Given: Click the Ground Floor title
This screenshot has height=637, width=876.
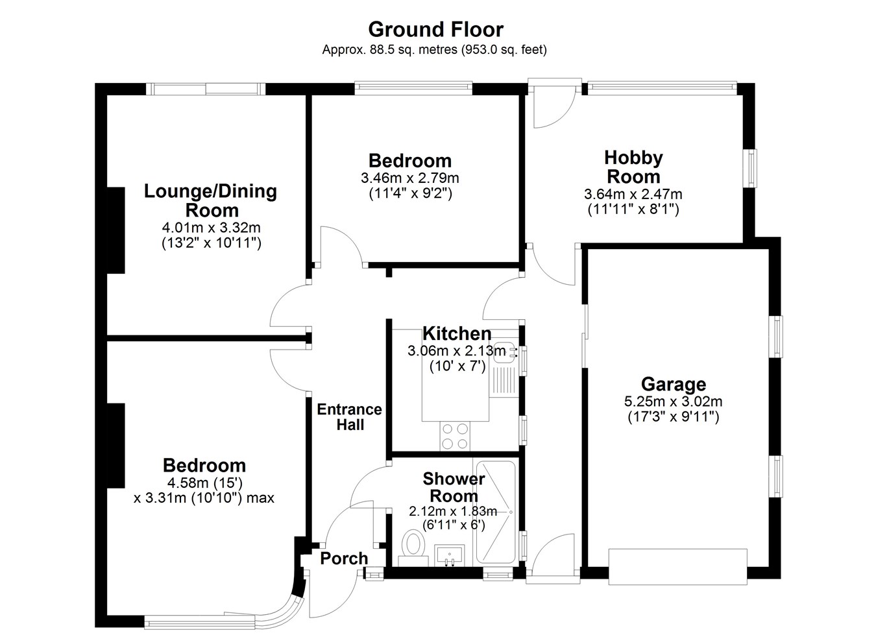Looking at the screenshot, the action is coord(435,30).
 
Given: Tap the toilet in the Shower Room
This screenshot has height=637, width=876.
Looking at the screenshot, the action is coord(413,547).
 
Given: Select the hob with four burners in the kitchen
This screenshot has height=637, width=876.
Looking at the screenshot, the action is coord(455,436).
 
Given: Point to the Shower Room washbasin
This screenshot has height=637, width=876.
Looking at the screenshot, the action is coord(450,555).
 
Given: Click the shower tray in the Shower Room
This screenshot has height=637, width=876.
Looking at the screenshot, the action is coord(496,512).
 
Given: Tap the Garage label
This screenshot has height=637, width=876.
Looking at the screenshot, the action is coord(674,384).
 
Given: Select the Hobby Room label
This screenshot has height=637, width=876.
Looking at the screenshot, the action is coord(633,167).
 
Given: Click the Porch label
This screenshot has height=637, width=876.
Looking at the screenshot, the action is coord(344,559).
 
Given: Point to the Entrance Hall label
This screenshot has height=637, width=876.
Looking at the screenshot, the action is coord(349,417).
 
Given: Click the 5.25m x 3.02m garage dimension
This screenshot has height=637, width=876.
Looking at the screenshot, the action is coord(673,401).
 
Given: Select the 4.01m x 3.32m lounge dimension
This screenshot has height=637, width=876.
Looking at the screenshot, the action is coord(211,228).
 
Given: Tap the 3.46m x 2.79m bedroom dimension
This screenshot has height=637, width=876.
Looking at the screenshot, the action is coord(410,178).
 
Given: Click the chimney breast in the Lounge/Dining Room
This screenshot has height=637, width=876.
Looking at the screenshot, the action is coord(116,230).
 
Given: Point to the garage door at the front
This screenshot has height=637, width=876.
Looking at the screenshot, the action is coord(677,566).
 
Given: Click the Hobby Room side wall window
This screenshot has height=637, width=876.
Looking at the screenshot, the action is coord(751,168).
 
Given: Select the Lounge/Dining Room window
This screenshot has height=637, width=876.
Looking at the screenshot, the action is coord(206,89).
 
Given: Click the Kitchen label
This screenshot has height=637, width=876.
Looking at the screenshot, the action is coord(457,333).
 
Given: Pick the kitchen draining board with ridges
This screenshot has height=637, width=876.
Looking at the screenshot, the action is coord(504,380).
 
